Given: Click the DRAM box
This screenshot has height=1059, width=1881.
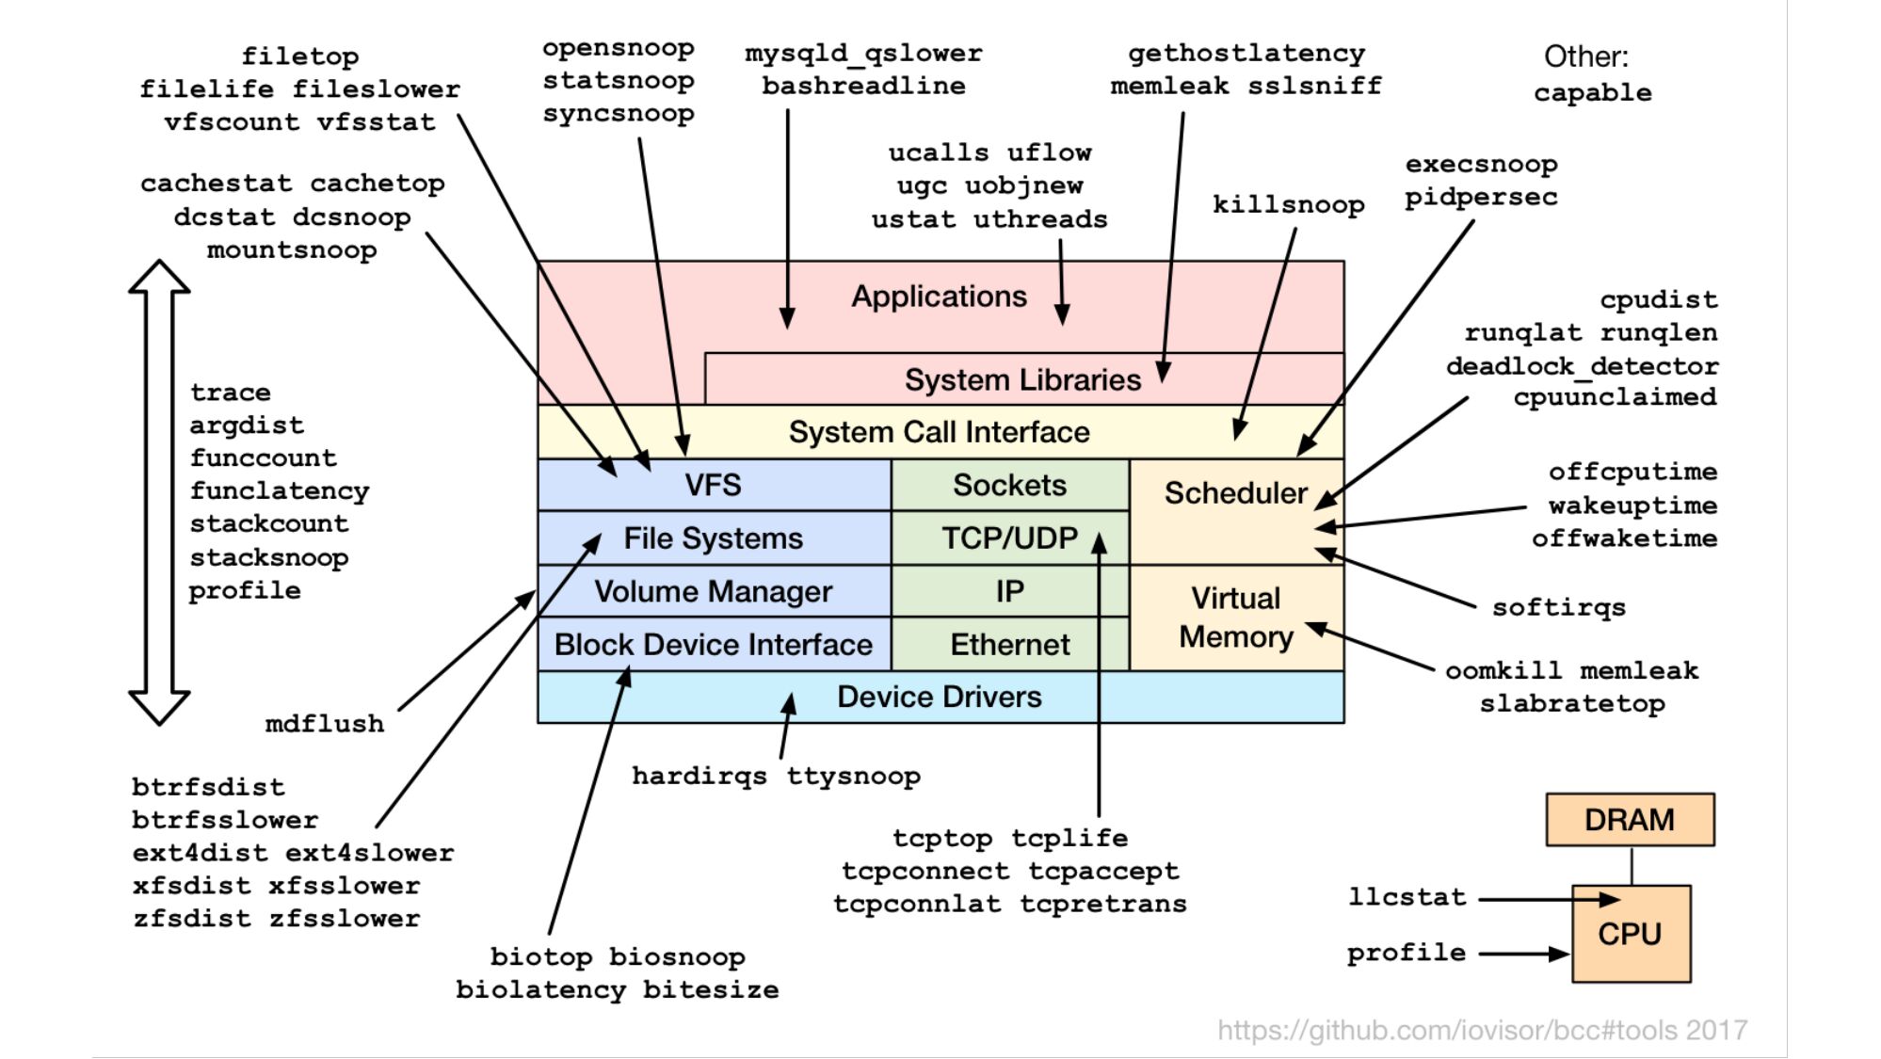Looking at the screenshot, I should [1629, 820].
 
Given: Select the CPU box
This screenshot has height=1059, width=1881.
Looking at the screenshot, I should [1630, 934].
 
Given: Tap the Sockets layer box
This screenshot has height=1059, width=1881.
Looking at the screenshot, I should [1009, 485].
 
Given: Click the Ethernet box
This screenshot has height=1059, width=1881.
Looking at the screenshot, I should [1009, 645].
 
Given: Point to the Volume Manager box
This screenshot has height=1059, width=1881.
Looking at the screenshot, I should [713, 591].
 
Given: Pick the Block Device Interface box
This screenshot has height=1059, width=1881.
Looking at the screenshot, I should [713, 645].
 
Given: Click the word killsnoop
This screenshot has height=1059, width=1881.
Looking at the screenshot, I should [1288, 204].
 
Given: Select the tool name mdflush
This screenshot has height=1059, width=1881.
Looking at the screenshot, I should [325, 724].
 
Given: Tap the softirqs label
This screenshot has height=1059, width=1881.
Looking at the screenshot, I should [1558, 607].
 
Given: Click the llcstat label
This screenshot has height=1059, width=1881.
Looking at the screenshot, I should [1407, 897].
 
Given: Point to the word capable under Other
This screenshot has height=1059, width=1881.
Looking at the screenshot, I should [1592, 92].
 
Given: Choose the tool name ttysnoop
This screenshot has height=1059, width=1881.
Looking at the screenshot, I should [853, 776].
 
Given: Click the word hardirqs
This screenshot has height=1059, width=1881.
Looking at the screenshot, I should [699, 776].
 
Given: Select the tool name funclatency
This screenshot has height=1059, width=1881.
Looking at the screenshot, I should [280, 490].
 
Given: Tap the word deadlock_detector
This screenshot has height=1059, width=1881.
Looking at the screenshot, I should [1582, 365].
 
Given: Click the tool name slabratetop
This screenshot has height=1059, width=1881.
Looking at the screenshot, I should [1572, 703].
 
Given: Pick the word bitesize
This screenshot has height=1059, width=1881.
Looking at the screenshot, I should [711, 989].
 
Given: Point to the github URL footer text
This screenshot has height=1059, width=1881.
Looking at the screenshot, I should [1482, 1030].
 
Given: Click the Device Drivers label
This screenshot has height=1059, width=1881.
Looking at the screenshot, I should [939, 697].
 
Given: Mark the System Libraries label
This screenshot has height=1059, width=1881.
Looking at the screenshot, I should [1022, 379].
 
